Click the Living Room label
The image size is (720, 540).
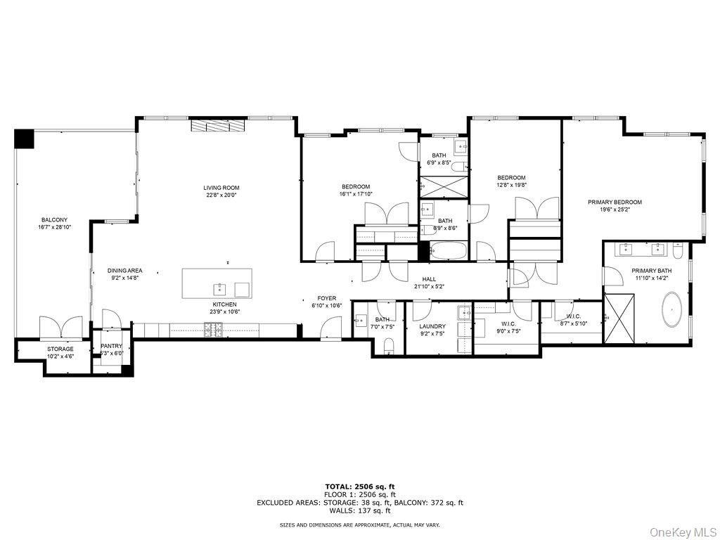(x=221, y=188)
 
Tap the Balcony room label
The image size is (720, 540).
(x=54, y=219)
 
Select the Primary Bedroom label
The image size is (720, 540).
(x=615, y=202)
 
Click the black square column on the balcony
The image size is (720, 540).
(x=25, y=139)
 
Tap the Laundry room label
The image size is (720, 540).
(x=432, y=326)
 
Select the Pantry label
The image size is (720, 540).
(x=111, y=346)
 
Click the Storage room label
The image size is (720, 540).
(x=60, y=349)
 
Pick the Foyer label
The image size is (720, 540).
(x=326, y=298)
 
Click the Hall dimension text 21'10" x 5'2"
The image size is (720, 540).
(x=430, y=287)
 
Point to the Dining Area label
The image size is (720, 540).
(x=125, y=271)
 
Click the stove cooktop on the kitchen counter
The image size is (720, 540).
(x=213, y=328)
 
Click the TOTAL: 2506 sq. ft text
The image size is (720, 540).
(x=359, y=486)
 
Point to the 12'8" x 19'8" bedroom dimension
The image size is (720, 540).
(x=511, y=185)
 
